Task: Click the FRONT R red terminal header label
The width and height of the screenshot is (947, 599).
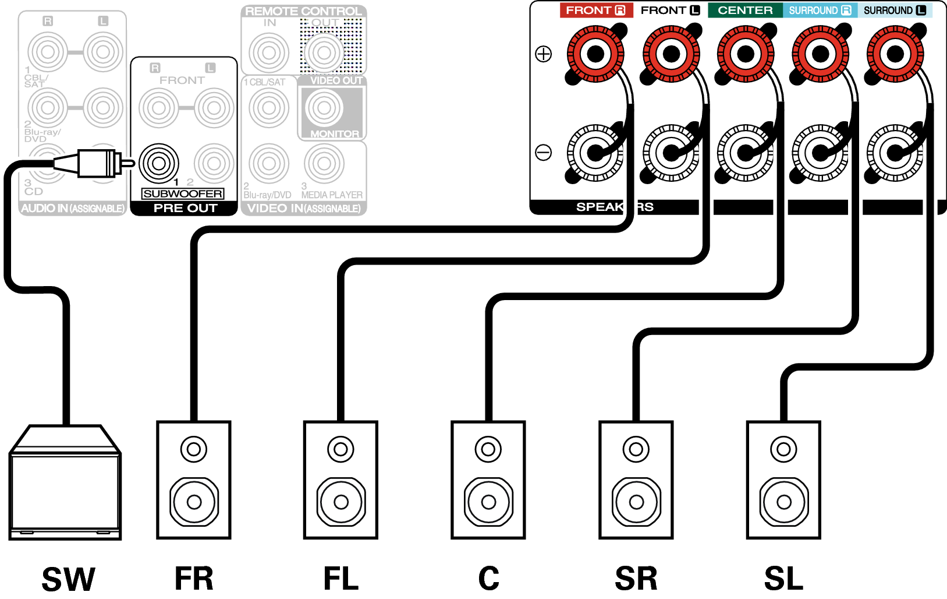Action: click(595, 10)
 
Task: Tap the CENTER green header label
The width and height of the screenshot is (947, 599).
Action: click(745, 10)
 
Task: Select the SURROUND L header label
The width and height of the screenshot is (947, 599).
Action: click(895, 10)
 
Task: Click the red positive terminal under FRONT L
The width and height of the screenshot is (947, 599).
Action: click(671, 54)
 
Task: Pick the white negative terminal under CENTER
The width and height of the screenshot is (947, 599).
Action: click(746, 153)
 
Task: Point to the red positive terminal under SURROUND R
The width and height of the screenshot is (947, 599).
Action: click(820, 54)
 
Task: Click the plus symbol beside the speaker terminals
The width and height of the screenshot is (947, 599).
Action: click(543, 54)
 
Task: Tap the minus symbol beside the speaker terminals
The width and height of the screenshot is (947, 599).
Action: click(543, 153)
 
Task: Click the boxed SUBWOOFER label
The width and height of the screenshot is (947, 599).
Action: click(183, 194)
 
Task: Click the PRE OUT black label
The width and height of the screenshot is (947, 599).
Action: click(185, 208)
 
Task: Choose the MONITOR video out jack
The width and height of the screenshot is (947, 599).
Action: click(324, 108)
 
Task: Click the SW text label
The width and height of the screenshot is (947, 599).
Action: click(68, 579)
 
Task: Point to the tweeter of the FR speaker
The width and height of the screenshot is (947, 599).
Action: click(194, 449)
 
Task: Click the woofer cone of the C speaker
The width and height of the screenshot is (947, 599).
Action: click(489, 502)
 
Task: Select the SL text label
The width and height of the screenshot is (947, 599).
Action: click(783, 579)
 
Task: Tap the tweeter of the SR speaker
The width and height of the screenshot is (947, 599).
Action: click(636, 449)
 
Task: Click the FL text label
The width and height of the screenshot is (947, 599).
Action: click(341, 579)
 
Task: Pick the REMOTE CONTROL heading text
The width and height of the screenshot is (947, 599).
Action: click(303, 11)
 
